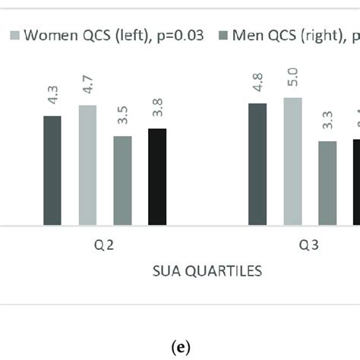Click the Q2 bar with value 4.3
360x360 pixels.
coord(52,171)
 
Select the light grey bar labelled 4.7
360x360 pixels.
coord(87,166)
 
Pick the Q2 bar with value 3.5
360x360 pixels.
coord(122,181)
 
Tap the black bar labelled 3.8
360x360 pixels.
coord(157,177)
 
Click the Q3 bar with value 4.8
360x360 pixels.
coord(257,165)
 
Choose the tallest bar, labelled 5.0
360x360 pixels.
coord(292,162)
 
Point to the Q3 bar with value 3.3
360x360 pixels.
coord(327,184)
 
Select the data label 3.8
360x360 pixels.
coord(157,106)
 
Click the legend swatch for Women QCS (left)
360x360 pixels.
coord(14,35)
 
